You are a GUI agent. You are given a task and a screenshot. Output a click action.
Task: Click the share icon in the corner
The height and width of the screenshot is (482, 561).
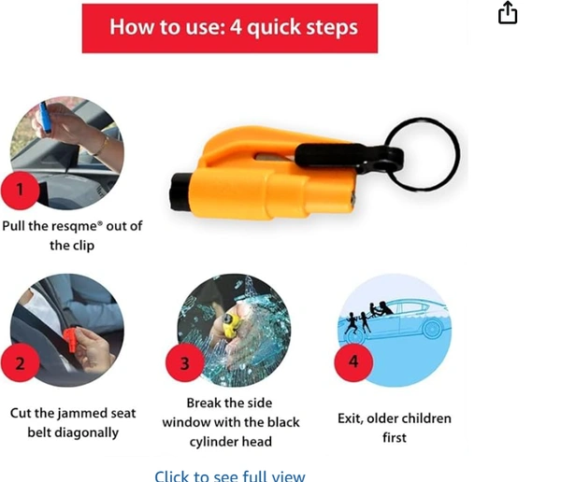[508, 13]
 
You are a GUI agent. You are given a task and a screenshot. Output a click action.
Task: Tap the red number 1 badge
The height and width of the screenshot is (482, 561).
[20, 191]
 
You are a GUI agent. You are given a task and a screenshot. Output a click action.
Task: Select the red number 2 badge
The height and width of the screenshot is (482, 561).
[20, 362]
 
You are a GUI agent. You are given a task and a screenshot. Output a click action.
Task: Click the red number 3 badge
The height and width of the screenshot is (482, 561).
[184, 362]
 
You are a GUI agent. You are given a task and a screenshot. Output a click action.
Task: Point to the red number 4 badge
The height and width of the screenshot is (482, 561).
[353, 361]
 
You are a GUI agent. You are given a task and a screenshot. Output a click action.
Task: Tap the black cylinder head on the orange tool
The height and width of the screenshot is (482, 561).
[180, 191]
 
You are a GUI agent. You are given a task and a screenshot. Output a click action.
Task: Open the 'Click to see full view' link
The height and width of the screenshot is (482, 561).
[230, 475]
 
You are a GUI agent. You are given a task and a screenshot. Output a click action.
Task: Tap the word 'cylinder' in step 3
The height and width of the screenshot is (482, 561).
[213, 442]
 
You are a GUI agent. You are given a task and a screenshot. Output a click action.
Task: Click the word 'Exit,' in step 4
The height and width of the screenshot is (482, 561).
[351, 418]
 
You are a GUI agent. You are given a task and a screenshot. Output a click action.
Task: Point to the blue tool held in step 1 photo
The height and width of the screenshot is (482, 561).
[44, 116]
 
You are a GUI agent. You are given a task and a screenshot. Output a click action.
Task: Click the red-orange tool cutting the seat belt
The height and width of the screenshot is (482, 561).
[71, 338]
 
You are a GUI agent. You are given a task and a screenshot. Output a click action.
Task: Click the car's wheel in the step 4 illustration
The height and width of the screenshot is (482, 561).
[432, 328]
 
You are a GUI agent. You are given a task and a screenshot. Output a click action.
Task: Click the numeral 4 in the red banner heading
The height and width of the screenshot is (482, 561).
[236, 26]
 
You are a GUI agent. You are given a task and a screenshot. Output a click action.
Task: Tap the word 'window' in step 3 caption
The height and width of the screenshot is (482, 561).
[187, 422]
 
